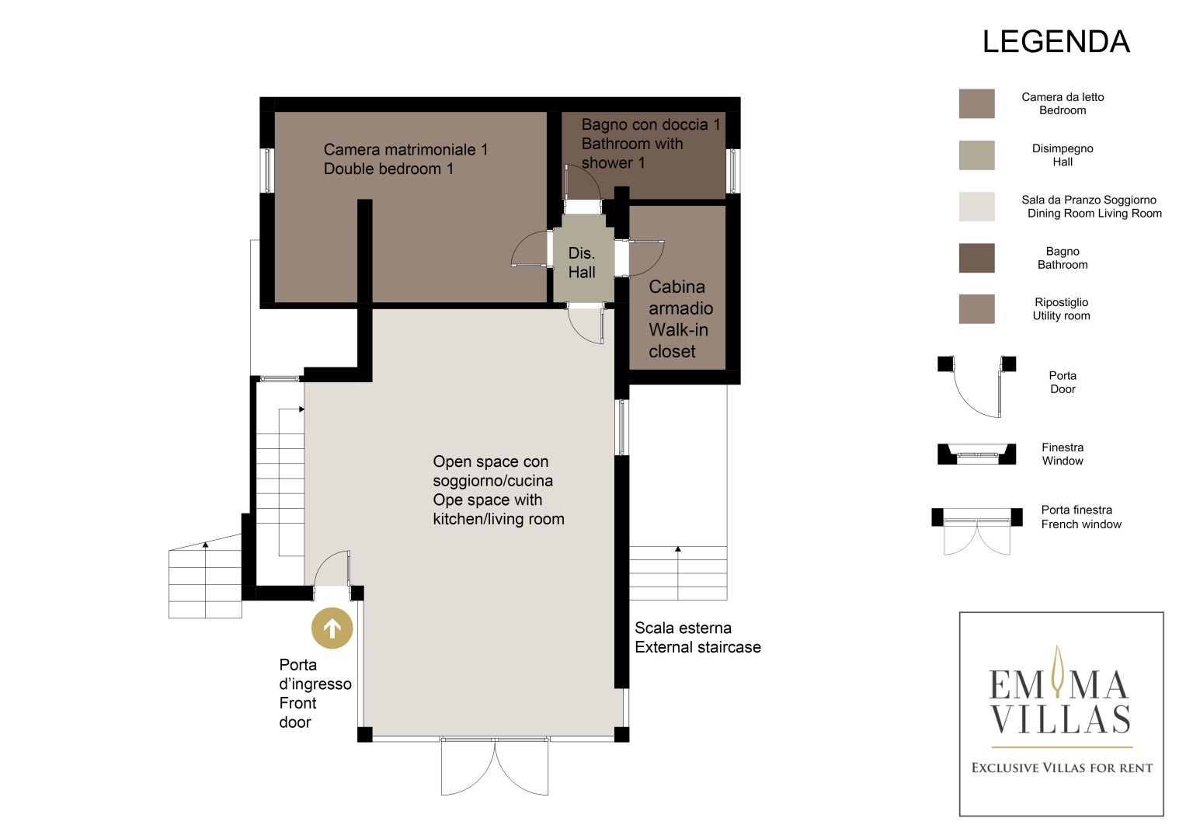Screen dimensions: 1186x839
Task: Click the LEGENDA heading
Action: coord(1056,42)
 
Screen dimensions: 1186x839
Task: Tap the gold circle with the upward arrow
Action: coord(332,628)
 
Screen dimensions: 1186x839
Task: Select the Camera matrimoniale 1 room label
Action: coord(405,159)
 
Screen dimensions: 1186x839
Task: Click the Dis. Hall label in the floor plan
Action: coord(582,263)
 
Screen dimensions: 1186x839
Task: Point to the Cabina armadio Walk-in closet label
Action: coord(681,319)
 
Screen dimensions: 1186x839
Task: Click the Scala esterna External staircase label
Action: coord(697,637)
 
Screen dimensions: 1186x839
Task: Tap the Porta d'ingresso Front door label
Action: coord(315,693)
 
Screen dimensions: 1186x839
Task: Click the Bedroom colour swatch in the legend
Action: coord(977,103)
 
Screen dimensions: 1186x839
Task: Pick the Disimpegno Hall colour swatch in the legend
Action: coord(977,155)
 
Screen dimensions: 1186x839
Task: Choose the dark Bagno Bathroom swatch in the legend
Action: coord(977,258)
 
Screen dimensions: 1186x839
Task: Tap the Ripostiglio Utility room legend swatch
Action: coord(977,309)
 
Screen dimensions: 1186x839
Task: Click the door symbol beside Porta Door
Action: coord(977,386)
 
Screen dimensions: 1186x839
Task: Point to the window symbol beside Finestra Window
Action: coord(977,454)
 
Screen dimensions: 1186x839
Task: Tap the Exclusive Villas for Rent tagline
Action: coord(1062,768)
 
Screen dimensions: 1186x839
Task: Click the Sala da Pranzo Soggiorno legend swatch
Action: coord(977,207)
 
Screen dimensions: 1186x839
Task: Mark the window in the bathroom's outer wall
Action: coord(733,171)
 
